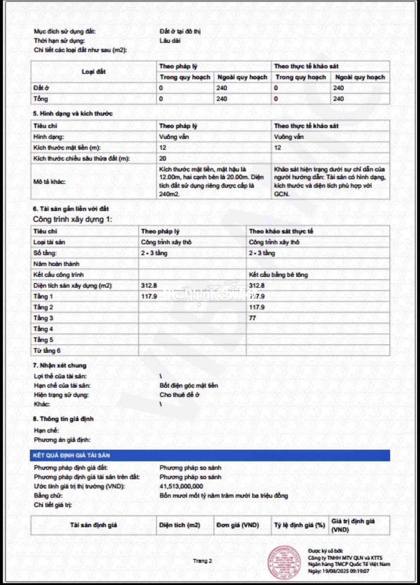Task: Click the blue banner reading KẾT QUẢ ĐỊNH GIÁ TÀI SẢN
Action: point(210,455)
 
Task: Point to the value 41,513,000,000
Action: point(181,486)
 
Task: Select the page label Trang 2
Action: point(202,560)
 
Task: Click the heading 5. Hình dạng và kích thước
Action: point(73,113)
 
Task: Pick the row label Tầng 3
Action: point(43,318)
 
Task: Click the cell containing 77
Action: point(253,318)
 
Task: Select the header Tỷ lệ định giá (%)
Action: point(299,525)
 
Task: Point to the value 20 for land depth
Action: point(163,158)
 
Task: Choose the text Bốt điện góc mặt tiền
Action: point(189,386)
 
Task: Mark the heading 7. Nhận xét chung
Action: point(59,365)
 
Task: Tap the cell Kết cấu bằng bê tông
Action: point(278,275)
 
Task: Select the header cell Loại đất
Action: point(94,72)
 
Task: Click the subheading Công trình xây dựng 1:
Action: point(73,220)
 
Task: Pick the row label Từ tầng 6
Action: point(47,350)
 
